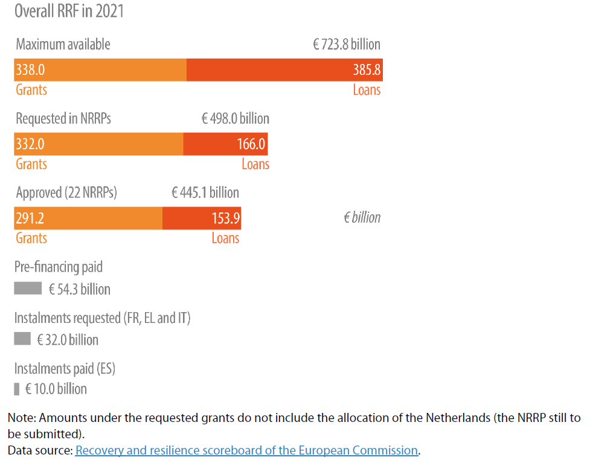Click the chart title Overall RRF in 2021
point(69,11)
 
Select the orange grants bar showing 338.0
point(100,70)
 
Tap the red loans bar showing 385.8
point(284,70)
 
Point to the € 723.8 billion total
point(346,45)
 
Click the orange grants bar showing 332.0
point(98,144)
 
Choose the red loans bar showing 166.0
point(225,144)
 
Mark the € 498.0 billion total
point(235,119)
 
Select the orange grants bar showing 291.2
point(88,218)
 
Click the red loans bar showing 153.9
point(202,218)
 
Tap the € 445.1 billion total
point(205,193)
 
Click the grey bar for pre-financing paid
point(28,289)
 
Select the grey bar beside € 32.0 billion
point(22,339)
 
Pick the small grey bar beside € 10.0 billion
point(17,388)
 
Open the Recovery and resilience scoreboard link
point(246,450)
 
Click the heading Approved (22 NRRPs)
point(66,193)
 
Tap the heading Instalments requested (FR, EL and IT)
point(102,318)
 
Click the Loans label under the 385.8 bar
point(367,91)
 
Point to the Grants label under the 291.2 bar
point(31,238)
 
